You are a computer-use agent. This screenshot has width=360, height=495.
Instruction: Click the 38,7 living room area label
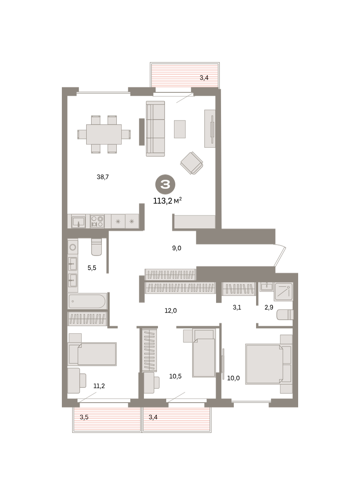click(x=103, y=177)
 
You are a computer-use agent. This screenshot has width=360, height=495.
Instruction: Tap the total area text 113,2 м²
click(x=167, y=200)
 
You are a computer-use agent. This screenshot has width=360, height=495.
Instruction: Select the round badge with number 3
click(x=165, y=184)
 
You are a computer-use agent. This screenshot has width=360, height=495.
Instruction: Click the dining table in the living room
click(x=104, y=134)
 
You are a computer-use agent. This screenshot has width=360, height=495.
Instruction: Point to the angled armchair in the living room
click(x=191, y=163)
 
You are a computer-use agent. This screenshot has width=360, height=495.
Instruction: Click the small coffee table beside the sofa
click(x=179, y=129)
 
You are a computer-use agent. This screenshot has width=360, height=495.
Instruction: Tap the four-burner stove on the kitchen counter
click(x=97, y=221)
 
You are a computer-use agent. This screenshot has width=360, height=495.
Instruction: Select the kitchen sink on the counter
click(x=78, y=222)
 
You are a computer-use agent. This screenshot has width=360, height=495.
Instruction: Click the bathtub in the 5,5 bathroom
click(x=87, y=301)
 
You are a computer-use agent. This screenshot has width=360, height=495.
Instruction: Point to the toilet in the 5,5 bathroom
click(x=96, y=247)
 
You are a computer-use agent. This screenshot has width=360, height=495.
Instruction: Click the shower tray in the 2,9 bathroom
click(x=284, y=292)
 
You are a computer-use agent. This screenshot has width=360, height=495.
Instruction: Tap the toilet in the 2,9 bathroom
click(x=285, y=315)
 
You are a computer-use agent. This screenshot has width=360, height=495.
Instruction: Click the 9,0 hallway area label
click(x=176, y=248)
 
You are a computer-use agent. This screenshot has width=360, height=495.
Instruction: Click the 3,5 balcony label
click(x=84, y=417)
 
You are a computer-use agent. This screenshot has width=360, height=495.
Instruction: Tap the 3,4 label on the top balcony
click(x=204, y=78)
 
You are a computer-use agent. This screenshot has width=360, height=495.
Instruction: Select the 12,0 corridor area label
click(x=170, y=311)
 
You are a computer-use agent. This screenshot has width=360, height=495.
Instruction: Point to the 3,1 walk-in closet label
click(x=237, y=307)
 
